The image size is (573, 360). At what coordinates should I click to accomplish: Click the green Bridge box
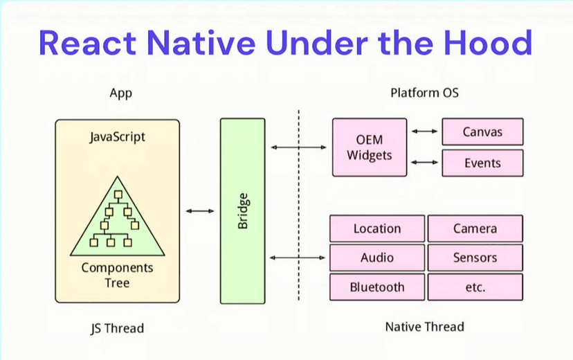click(x=242, y=210)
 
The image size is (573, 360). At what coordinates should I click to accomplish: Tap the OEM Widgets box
click(x=370, y=147)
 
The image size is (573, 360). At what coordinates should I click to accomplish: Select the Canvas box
click(x=482, y=132)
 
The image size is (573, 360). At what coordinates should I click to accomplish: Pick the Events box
click(x=482, y=163)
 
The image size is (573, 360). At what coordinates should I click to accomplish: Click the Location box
click(x=377, y=228)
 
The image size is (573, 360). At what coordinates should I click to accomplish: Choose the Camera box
click(x=475, y=228)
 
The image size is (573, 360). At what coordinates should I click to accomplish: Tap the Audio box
click(x=377, y=258)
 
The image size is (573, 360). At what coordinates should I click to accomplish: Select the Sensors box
click(x=475, y=258)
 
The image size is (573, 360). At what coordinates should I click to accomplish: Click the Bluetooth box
click(x=377, y=287)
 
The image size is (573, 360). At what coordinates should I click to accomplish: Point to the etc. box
click(x=475, y=287)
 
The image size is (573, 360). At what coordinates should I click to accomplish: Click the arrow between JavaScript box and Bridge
click(x=200, y=210)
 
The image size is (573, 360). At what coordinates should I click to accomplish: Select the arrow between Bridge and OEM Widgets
click(x=298, y=147)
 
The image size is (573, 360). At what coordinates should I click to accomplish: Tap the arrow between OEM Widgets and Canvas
click(x=425, y=131)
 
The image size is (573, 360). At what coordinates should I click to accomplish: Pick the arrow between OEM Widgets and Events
click(x=425, y=163)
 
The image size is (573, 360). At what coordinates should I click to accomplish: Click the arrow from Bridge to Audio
click(x=298, y=258)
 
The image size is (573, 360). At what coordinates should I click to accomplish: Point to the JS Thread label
click(x=118, y=327)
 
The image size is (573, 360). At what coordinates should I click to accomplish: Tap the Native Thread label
click(x=424, y=326)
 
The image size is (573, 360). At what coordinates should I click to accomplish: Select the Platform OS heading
click(x=424, y=93)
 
